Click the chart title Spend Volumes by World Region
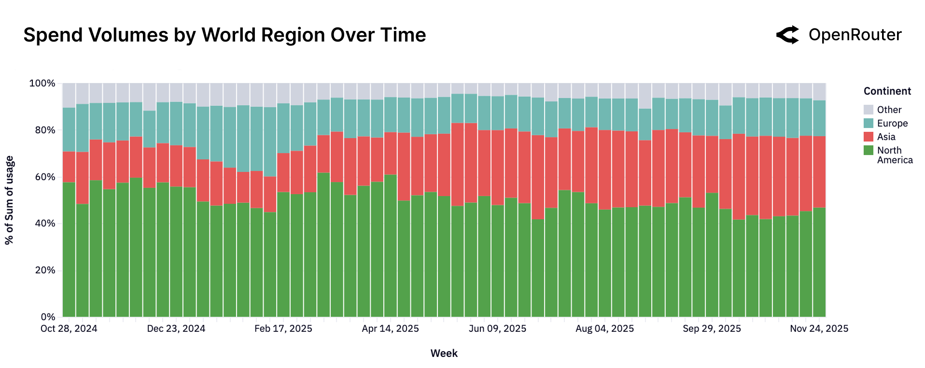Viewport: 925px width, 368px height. [224, 35]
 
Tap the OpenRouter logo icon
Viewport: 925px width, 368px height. [787, 35]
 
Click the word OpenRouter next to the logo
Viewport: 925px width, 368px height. [855, 35]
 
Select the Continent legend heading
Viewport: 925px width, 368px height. [887, 91]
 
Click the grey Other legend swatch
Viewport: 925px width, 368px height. [868, 110]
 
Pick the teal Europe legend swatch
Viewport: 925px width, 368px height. [868, 123]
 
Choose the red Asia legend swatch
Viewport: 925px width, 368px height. [868, 137]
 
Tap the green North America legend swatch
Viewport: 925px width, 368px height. [868, 150]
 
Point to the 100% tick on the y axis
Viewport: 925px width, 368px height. [42, 84]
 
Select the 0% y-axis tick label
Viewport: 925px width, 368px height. [48, 317]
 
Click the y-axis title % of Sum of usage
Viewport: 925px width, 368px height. [9, 200]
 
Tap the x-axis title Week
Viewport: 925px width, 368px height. [444, 354]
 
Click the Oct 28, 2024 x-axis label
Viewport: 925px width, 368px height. [69, 329]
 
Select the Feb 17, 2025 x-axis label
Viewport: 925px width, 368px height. [283, 329]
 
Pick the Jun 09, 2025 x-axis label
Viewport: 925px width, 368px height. [497, 329]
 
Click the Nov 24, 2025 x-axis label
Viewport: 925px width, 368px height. [819, 329]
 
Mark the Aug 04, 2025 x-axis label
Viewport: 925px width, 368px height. [604, 329]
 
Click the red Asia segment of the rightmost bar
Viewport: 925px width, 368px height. [819, 171]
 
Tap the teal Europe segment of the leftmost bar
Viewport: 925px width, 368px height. [69, 129]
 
